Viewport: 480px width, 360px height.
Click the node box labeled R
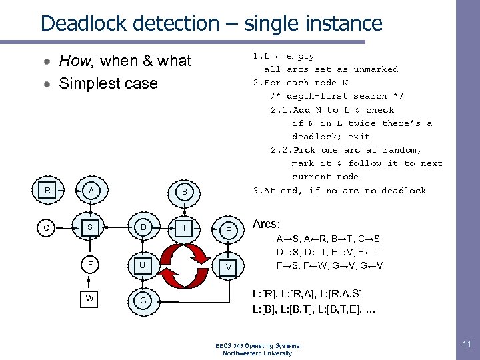[47, 191]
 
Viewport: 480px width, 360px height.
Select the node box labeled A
[90, 191]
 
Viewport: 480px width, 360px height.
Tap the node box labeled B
[185, 193]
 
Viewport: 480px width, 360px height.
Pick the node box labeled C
[47, 227]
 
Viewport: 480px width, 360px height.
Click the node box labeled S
[90, 227]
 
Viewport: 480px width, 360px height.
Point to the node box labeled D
[142, 227]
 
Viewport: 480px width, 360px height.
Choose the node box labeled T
[185, 227]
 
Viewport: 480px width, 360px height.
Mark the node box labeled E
[228, 231]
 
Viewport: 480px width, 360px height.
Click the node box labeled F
[90, 264]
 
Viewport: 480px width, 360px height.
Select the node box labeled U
[142, 265]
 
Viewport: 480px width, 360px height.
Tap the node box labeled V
[228, 267]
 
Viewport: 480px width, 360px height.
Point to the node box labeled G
[142, 301]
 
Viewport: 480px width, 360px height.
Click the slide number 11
[465, 344]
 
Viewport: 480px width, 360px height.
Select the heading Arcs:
[267, 225]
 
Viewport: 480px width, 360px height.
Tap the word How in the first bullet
[75, 61]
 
